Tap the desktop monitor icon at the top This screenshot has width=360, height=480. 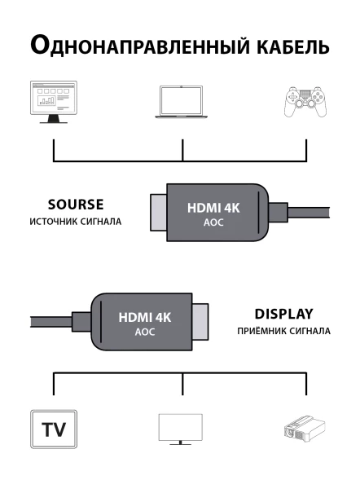click(53, 101)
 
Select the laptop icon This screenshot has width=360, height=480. click(182, 101)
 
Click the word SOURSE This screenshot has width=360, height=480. click(76, 204)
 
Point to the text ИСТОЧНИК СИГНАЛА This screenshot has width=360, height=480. click(76, 221)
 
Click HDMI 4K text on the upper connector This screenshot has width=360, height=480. click(213, 207)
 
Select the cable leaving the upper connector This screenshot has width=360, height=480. click(310, 214)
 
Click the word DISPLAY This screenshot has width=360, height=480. click(283, 314)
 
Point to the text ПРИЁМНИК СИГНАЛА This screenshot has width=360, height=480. click(283, 332)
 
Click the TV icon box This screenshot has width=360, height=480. click(53, 429)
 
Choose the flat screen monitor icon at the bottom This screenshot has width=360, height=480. click(181, 429)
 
